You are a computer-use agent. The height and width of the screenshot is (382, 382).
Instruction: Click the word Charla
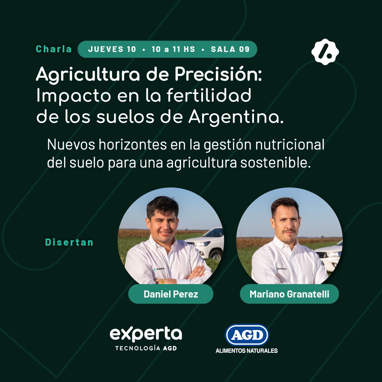click(x=54, y=49)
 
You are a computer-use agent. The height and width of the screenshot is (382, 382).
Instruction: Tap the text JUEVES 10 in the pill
click(x=112, y=49)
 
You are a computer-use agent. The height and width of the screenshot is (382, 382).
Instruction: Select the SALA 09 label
click(x=230, y=49)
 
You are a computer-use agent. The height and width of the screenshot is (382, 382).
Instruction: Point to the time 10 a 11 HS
click(x=173, y=49)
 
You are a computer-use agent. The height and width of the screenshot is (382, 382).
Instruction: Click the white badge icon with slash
click(x=325, y=52)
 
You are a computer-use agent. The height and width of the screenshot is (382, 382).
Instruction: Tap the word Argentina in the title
click(x=236, y=118)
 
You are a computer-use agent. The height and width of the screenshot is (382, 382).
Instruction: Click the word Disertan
click(x=69, y=242)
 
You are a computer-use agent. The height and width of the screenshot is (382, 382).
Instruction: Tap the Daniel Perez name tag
click(x=170, y=294)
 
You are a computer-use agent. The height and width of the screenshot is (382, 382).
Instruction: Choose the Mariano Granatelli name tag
click(x=289, y=294)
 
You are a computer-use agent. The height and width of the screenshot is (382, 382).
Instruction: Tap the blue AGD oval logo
click(x=247, y=335)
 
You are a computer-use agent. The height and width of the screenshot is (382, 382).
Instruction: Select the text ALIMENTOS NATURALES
click(x=247, y=351)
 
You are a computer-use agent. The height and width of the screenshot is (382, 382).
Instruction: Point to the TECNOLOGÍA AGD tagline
click(x=146, y=348)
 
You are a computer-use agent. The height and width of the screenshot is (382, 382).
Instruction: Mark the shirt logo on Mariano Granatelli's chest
click(x=281, y=268)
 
